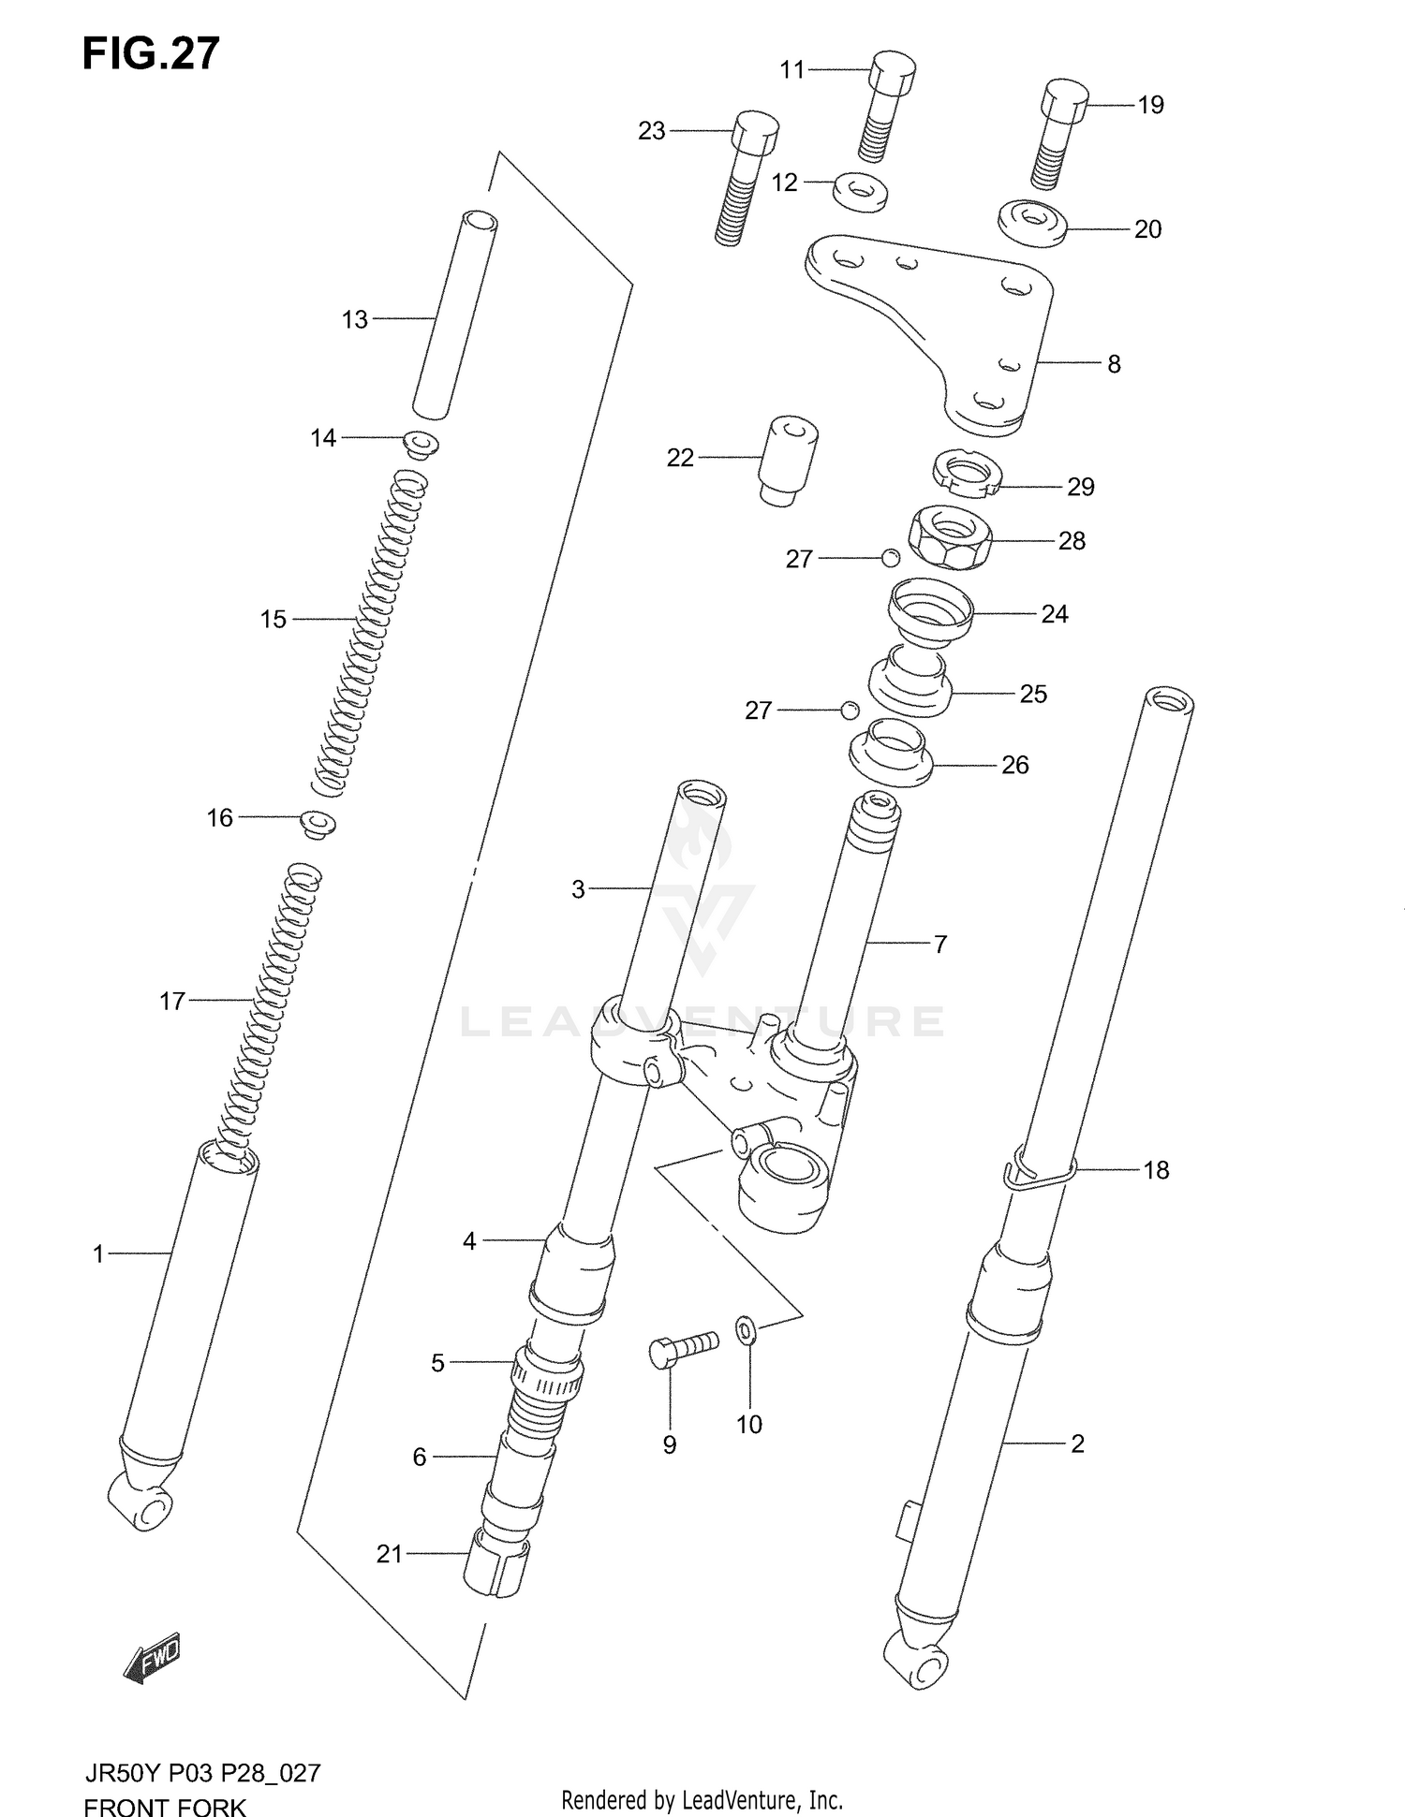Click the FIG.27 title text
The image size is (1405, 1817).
coord(151,54)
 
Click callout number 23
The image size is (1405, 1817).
coord(651,132)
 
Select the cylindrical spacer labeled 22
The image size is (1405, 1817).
coord(787,461)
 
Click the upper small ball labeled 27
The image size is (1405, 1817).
coord(890,558)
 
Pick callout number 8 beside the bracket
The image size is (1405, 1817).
coord(1114,364)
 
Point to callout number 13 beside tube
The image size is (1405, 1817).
coord(354,320)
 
